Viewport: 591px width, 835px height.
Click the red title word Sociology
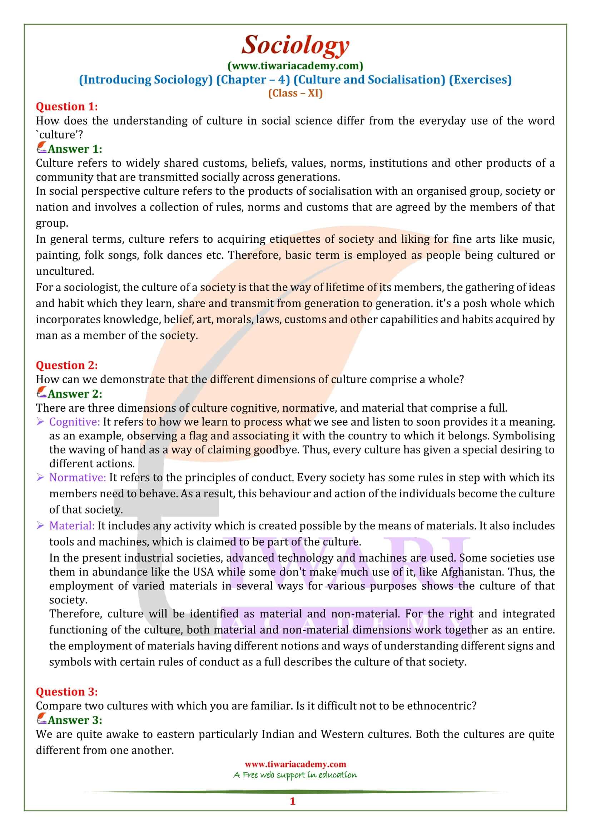pos(295,45)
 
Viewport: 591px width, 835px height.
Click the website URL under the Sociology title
pos(295,66)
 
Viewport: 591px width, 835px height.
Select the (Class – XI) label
pos(295,94)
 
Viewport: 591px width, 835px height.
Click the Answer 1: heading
pos(75,149)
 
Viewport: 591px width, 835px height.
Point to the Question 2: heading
pos(67,365)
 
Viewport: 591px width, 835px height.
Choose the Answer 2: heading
pos(75,393)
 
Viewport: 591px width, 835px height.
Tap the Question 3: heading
pos(67,691)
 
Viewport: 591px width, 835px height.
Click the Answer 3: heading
pos(75,720)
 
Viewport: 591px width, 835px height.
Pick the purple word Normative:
pos(78,477)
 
